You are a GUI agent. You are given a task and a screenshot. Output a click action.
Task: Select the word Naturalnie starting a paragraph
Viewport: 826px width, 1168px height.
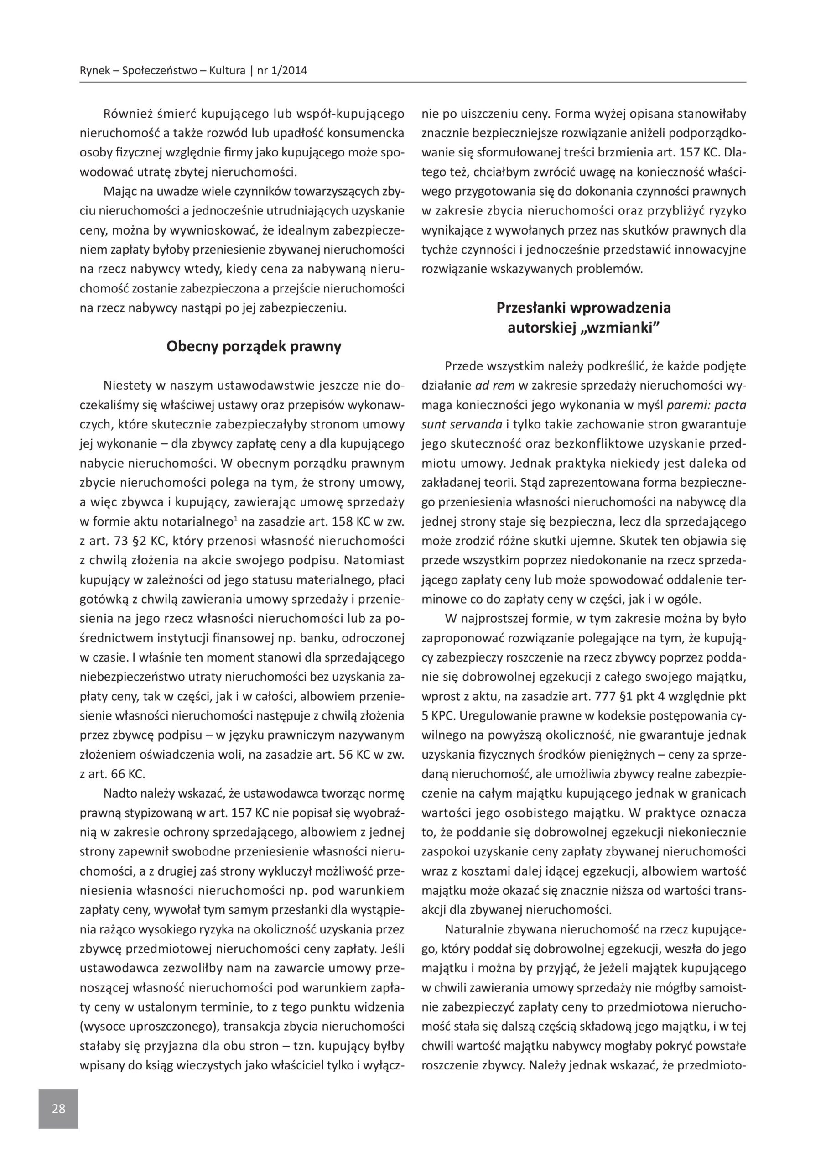click(x=474, y=929)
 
